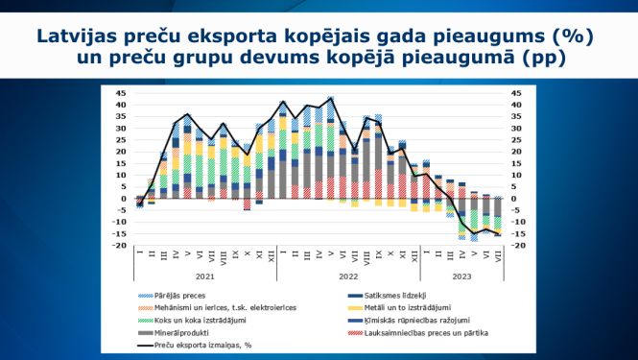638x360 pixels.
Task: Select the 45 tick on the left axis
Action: tap(122, 93)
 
